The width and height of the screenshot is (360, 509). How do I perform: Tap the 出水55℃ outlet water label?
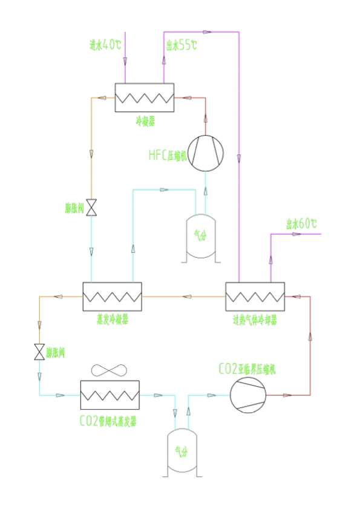click(x=181, y=44)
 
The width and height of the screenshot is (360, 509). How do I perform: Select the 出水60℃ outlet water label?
click(x=302, y=224)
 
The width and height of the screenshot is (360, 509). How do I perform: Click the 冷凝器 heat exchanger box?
click(x=145, y=97)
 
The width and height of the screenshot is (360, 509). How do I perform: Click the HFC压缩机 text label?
click(x=168, y=154)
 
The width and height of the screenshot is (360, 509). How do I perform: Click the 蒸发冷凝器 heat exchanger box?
click(x=111, y=297)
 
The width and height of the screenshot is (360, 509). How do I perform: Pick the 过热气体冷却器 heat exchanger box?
click(x=255, y=297)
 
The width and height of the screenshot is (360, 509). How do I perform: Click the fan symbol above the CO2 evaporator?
click(x=110, y=370)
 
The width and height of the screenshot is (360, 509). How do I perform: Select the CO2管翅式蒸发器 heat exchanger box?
click(x=110, y=396)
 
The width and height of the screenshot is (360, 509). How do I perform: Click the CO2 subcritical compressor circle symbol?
click(x=248, y=396)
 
